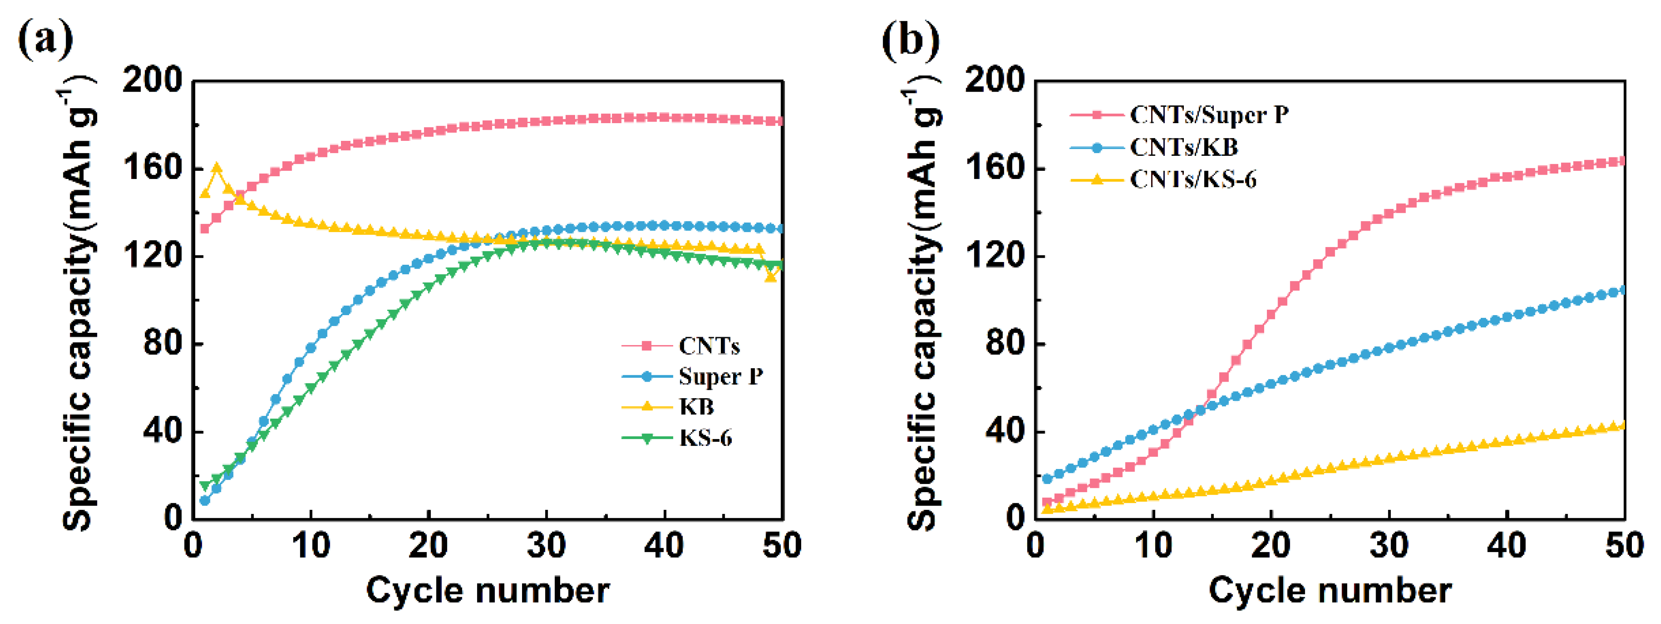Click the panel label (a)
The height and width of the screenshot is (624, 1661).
[45, 40]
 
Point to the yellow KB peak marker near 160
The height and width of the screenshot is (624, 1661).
[217, 168]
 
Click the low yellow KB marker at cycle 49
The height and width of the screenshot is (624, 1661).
[770, 276]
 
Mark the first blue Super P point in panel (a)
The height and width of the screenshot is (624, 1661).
[205, 500]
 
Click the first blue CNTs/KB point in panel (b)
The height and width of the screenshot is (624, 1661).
[1047, 479]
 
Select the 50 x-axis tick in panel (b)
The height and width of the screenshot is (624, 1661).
[1624, 545]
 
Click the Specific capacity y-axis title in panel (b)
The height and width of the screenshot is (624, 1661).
[923, 303]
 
